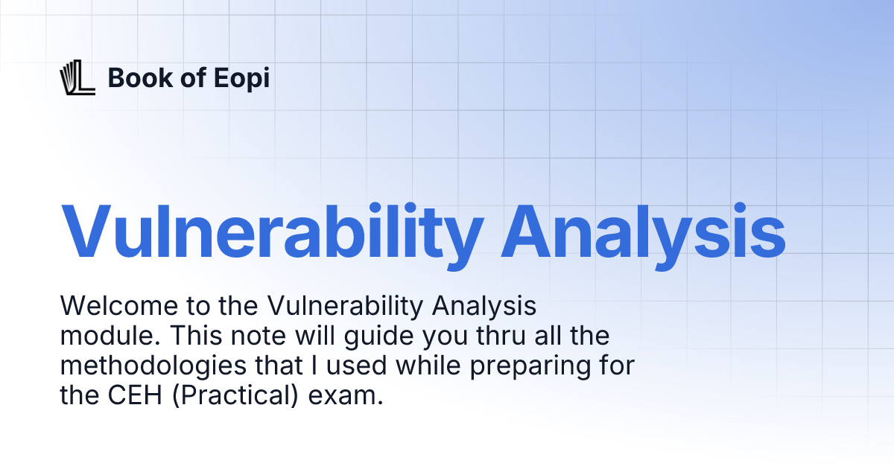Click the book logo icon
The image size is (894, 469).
coord(77,78)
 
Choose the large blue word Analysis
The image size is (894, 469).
coord(643,230)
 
